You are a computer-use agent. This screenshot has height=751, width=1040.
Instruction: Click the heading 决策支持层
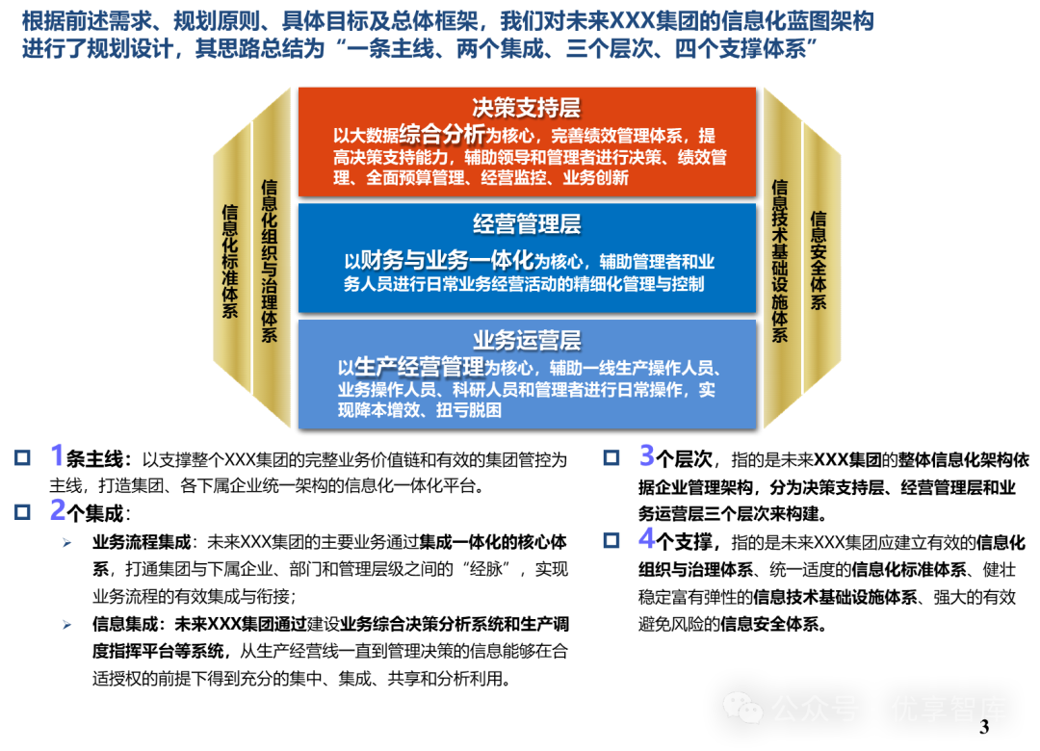click(527, 107)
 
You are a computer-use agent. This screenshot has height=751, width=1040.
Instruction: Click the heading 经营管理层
click(527, 224)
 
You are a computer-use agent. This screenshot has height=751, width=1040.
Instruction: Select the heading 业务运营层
click(527, 341)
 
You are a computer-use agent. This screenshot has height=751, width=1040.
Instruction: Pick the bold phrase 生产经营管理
click(419, 367)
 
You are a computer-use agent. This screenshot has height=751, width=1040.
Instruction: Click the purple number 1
click(58, 455)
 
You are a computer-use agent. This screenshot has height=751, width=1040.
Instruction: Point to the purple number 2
click(58, 509)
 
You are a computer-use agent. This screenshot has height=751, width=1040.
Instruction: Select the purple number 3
click(647, 455)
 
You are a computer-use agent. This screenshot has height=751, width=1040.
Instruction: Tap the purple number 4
click(647, 538)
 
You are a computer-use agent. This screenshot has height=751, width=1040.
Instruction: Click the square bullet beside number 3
click(611, 457)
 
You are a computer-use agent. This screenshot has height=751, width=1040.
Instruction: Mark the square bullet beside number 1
click(22, 457)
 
